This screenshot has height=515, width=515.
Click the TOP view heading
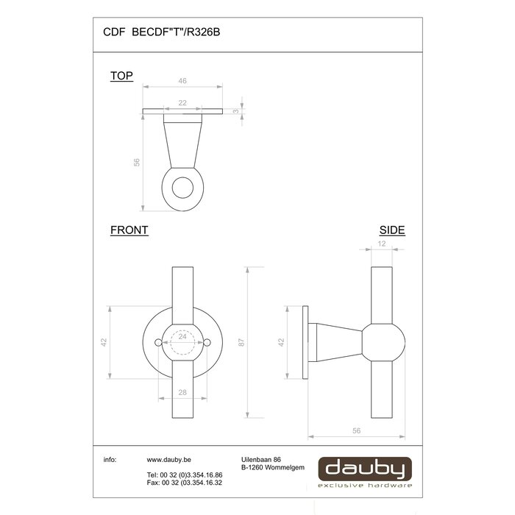click(121, 76)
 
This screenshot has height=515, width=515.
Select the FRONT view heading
click(129, 230)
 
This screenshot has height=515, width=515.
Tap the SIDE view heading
click(392, 230)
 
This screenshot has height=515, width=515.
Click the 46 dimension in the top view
click(182, 81)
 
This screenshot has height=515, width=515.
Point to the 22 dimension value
click(182, 103)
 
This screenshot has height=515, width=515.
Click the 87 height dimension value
click(241, 342)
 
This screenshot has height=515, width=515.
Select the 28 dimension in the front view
click(182, 392)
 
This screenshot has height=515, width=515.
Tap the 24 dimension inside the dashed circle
click(182, 336)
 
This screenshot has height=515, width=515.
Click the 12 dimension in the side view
click(382, 244)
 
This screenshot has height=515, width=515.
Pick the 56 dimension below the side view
click(356, 430)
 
